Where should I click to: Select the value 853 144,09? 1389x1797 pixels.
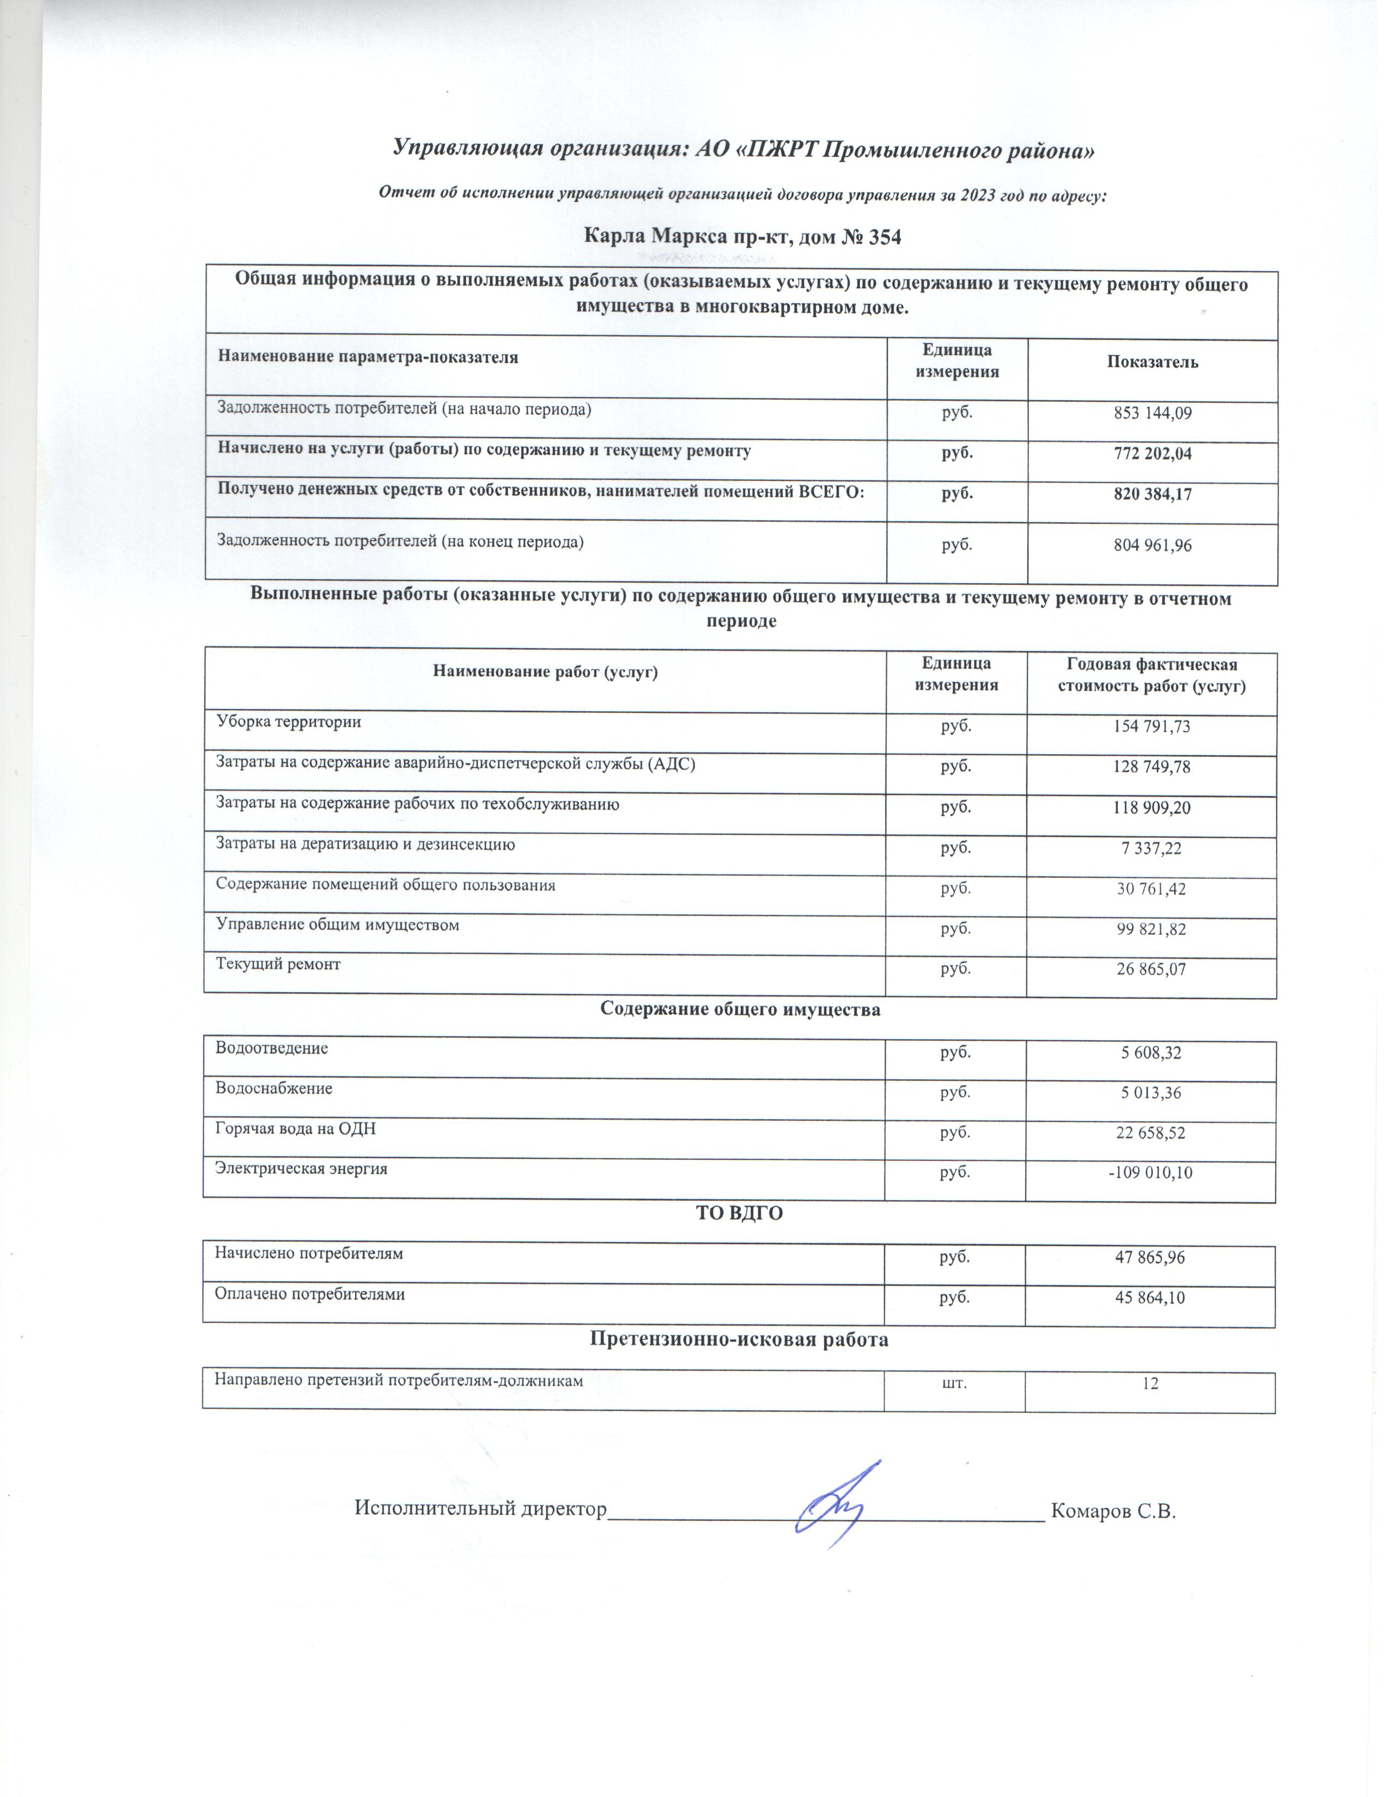[x=1152, y=413]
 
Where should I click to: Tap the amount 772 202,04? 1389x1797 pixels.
[x=1152, y=454]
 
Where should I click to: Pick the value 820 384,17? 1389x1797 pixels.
[x=1152, y=494]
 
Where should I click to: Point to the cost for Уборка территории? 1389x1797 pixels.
[x=1150, y=726]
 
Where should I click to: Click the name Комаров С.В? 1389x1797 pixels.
[x=1113, y=1511]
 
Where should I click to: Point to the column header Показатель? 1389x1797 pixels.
[x=1152, y=362]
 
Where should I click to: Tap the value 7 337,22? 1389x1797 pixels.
[x=1150, y=848]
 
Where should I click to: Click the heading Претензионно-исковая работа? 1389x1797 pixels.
[x=739, y=1338]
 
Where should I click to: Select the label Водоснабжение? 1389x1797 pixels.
[x=274, y=1088]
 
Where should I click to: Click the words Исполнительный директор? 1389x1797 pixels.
[x=480, y=1508]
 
